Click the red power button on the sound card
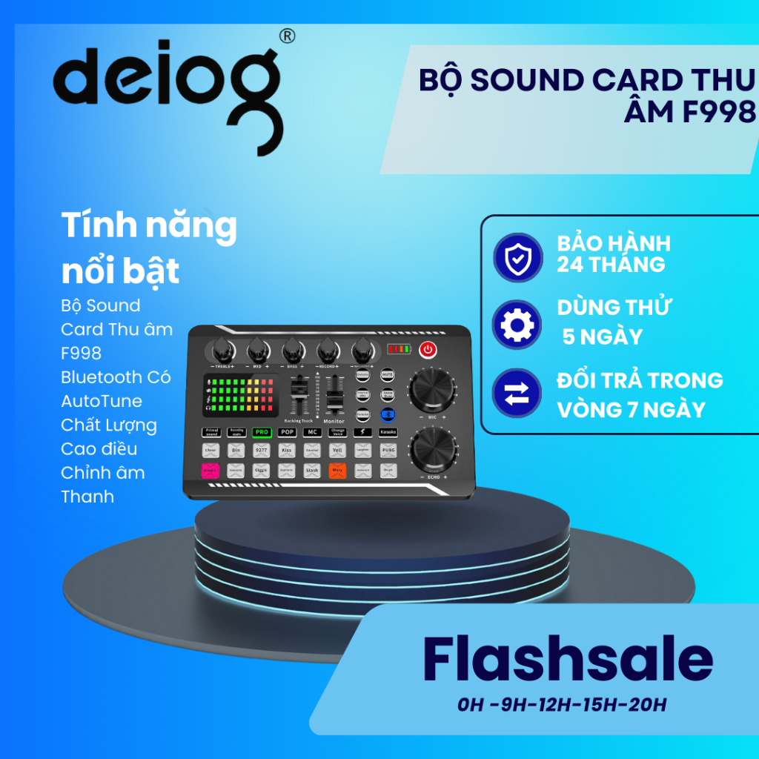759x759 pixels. tap(428, 349)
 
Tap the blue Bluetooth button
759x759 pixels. tap(387, 415)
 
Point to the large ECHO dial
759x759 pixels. tap(432, 450)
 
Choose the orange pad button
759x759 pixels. tap(337, 469)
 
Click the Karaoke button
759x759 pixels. tap(388, 431)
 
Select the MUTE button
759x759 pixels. tap(387, 376)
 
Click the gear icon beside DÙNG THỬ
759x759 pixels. tap(517, 325)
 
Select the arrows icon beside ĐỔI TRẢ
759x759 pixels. tap(517, 394)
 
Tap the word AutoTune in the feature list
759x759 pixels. tap(102, 401)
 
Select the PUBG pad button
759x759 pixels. tap(388, 449)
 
